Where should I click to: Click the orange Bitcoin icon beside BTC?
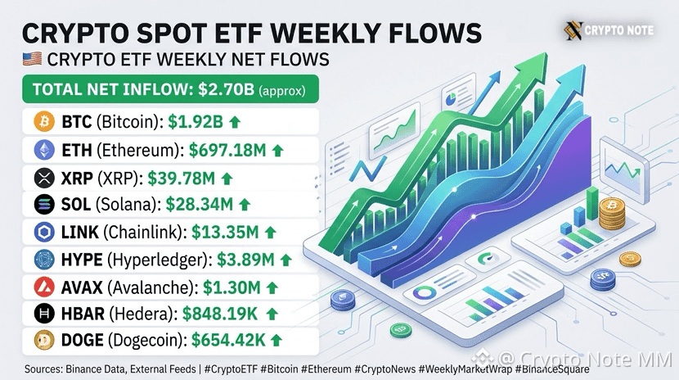[x=44, y=121]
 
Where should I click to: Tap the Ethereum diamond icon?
[x=44, y=151]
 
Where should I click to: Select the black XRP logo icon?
[x=44, y=178]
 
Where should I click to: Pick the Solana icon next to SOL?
[x=44, y=205]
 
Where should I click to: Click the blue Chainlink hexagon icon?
[x=44, y=233]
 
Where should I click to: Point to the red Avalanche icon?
[x=44, y=287]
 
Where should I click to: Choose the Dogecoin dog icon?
[x=44, y=340]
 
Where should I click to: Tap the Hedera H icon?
[x=44, y=314]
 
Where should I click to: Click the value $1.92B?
[x=196, y=122]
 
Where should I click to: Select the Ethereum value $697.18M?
[x=227, y=151]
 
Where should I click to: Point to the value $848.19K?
[x=220, y=314]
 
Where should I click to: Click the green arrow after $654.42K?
[x=277, y=341]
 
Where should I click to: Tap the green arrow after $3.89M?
[x=286, y=260]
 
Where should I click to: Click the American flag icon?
[x=32, y=59]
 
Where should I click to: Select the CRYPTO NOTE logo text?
[x=618, y=30]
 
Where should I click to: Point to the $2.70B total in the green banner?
[x=226, y=89]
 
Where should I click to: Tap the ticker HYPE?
[x=82, y=260]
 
